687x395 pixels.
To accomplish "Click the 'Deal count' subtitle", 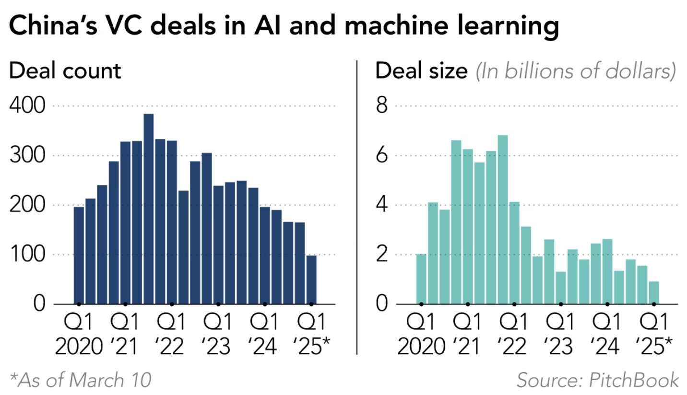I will tap(65, 71).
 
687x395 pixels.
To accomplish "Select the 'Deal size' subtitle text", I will tap(421, 71).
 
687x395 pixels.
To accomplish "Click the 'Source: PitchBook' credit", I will tap(598, 380).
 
